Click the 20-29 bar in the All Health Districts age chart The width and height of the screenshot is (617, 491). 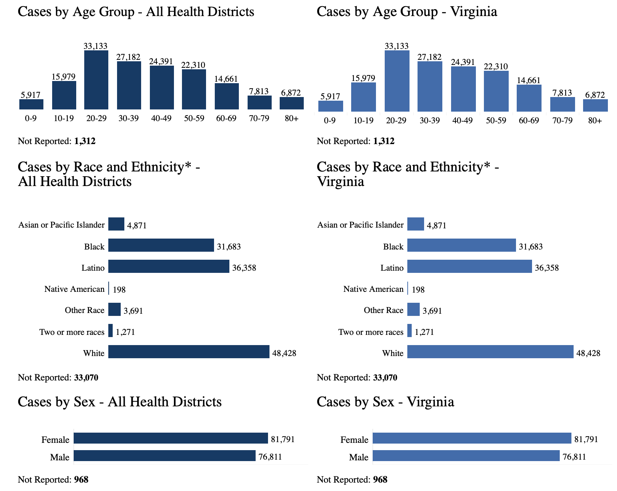point(96,80)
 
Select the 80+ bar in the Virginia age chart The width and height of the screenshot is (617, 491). point(595,105)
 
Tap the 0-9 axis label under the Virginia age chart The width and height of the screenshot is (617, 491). point(330,121)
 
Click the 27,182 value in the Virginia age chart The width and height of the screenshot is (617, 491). point(430,57)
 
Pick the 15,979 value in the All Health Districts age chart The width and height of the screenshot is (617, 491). point(64,77)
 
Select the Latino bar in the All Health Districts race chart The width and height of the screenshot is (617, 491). point(169,266)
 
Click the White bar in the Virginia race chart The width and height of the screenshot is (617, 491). point(490,352)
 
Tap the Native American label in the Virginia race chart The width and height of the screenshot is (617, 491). point(373,289)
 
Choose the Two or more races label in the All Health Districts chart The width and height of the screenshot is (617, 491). point(72,332)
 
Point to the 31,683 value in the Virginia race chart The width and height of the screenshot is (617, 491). point(531,247)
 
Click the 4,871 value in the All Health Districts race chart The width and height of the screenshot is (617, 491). point(137,226)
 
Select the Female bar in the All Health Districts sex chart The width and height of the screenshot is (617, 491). point(171,438)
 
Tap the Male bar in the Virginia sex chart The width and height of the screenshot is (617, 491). point(466,456)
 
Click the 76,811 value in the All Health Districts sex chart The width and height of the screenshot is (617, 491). point(270,457)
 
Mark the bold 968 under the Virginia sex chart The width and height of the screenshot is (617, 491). point(380,480)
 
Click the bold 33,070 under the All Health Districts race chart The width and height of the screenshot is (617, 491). point(86,378)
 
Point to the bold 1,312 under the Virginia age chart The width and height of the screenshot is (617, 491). point(384,141)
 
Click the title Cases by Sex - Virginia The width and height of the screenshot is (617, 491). point(385,402)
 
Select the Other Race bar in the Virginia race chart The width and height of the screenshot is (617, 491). point(414,309)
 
